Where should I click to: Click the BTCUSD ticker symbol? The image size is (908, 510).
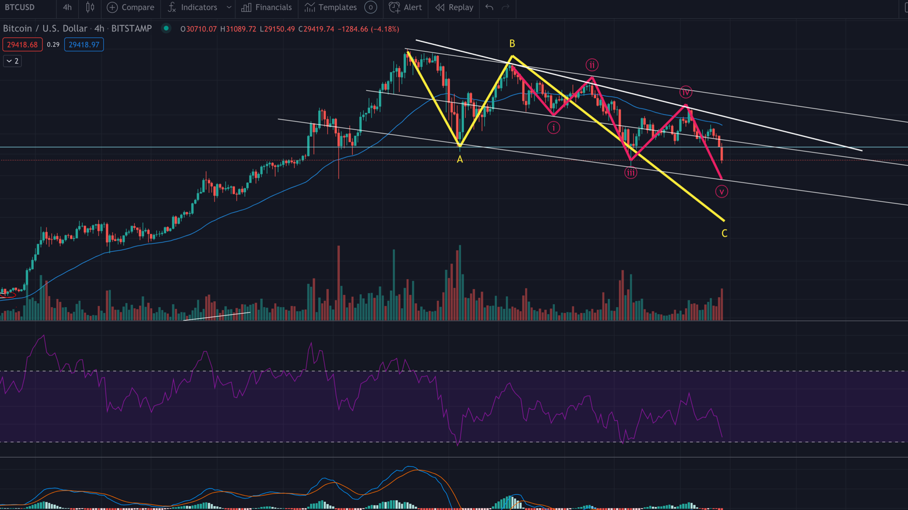(20, 8)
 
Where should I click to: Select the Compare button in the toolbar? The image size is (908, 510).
(131, 8)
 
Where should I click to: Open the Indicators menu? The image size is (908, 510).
(193, 8)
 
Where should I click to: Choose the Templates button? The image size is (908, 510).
(330, 8)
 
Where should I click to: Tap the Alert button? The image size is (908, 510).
(406, 8)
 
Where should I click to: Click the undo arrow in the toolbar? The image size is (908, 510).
(490, 8)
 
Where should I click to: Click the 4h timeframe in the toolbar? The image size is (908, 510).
(67, 8)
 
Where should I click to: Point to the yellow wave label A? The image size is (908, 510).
(460, 159)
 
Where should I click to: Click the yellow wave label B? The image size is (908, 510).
(512, 44)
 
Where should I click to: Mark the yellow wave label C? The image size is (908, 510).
(724, 233)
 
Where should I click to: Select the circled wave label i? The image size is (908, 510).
(554, 127)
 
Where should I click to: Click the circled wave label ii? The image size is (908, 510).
(592, 65)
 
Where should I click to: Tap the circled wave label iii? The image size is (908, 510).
(631, 173)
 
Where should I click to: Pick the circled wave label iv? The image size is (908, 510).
(685, 92)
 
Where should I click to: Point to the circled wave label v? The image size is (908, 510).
(722, 191)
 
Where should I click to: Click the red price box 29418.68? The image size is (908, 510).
(22, 45)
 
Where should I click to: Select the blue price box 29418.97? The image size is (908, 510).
(84, 45)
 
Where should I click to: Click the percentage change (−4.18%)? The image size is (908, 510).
(385, 29)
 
